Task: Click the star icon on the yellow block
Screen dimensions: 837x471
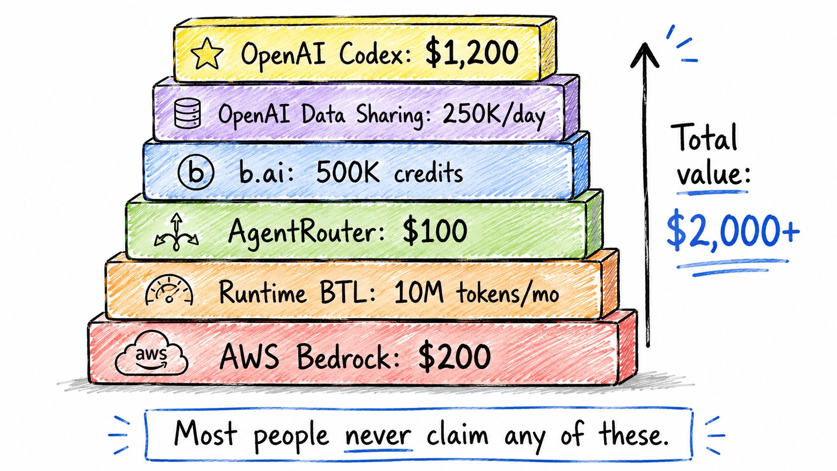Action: (x=207, y=54)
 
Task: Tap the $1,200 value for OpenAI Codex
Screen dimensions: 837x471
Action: (x=472, y=53)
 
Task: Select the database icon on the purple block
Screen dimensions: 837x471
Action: (x=188, y=114)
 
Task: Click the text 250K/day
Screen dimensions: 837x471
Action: (x=494, y=115)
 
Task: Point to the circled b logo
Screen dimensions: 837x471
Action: (x=196, y=172)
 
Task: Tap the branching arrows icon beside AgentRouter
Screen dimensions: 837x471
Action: (x=176, y=232)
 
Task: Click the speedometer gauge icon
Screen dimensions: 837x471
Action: (x=169, y=289)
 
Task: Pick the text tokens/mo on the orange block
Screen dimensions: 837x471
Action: (x=507, y=293)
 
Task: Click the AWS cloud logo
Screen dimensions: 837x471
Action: (x=151, y=353)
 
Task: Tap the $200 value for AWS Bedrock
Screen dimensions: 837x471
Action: (x=455, y=357)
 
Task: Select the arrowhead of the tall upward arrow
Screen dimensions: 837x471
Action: (x=645, y=55)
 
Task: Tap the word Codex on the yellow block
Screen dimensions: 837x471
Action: (x=375, y=54)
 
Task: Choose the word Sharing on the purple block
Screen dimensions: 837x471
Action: (x=390, y=115)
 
